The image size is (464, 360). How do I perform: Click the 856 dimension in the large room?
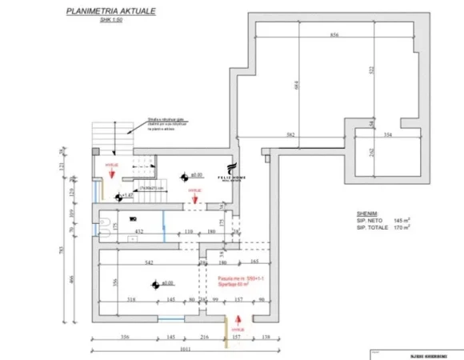334,35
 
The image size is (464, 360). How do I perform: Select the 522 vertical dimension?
372,71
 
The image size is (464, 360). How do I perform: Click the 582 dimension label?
290,136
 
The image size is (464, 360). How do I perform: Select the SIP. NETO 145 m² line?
385,220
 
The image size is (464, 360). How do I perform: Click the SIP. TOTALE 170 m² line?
385,227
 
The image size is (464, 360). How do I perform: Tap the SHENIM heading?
368,213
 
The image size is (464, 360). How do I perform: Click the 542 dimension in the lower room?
150,262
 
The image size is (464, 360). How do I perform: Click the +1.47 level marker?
124,194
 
